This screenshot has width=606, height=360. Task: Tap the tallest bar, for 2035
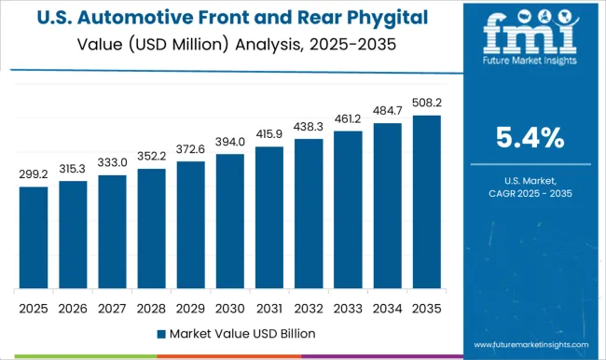(x=425, y=201)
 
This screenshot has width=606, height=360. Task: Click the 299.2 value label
(x=34, y=173)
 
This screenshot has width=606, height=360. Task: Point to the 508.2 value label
(x=425, y=103)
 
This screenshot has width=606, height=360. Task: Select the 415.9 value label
(x=269, y=134)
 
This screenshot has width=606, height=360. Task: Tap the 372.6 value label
(x=190, y=149)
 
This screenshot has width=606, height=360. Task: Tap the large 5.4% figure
(x=529, y=140)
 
